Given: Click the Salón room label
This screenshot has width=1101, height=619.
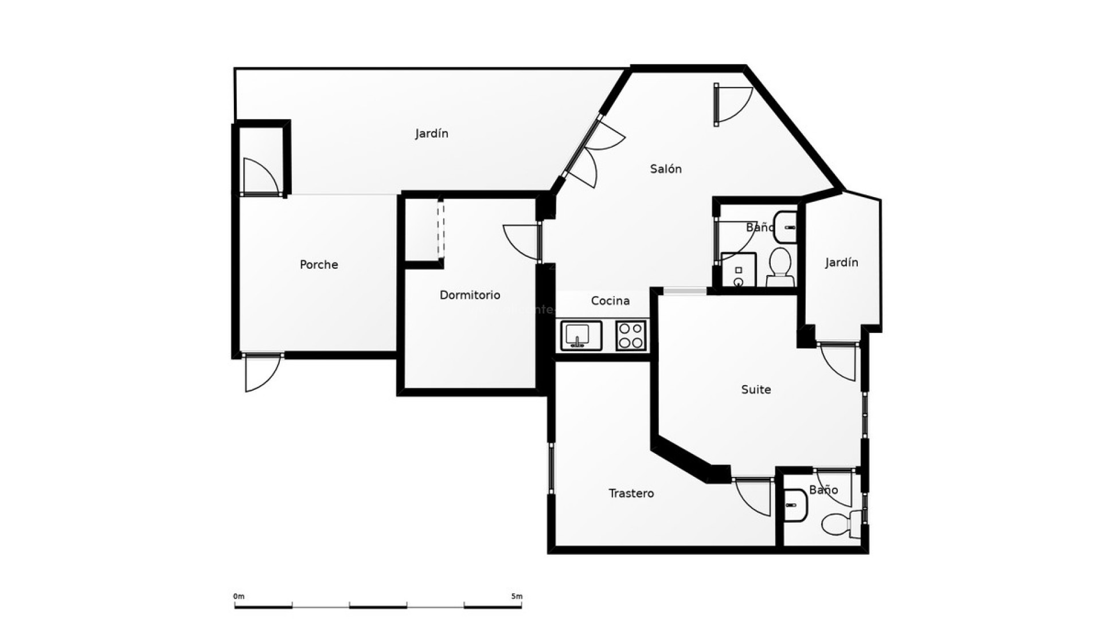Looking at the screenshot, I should [666, 169].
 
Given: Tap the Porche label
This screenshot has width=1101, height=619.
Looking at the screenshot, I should [319, 264].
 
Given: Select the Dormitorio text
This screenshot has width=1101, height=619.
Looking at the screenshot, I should [470, 295].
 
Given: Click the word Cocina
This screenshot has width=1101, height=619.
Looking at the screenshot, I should [610, 300].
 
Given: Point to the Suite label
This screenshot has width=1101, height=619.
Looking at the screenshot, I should [756, 389].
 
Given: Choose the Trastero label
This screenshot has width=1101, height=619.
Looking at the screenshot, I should [631, 493].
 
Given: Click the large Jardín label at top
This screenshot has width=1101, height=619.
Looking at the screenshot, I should [431, 133].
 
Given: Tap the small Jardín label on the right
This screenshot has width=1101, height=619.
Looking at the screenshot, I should [841, 262].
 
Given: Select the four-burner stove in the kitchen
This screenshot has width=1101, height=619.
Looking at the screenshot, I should [631, 336].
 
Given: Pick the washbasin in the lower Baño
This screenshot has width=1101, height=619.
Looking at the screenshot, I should [795, 506].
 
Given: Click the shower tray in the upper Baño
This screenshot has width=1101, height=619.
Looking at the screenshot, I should [739, 270].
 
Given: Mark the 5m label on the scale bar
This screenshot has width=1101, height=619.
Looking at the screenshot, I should [517, 596].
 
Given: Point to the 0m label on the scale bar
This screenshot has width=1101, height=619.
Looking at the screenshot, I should [239, 596].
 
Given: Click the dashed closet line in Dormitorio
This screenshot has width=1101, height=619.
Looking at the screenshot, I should [440, 229].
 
